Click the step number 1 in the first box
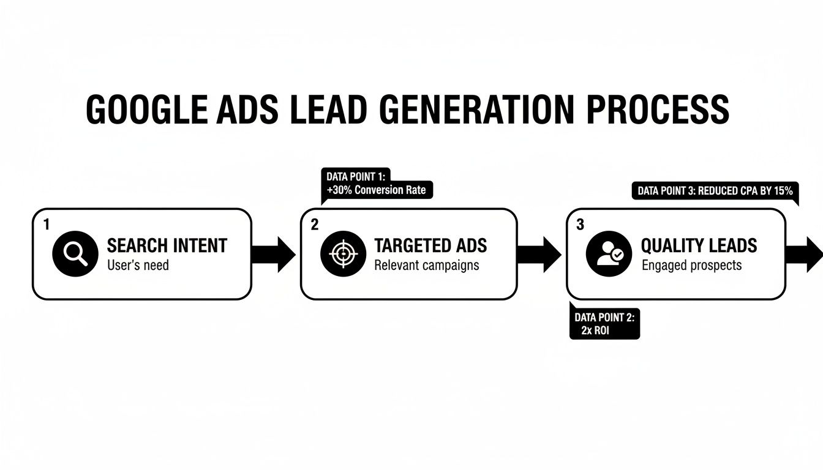tap(47, 225)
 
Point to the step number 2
tap(315, 225)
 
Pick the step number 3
tap(581, 225)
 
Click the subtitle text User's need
tap(138, 266)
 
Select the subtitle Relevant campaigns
tap(426, 266)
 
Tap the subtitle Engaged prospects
tap(691, 266)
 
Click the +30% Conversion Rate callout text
tap(376, 190)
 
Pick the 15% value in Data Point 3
tap(782, 191)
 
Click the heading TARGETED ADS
tap(430, 246)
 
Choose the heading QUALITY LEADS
tap(699, 246)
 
